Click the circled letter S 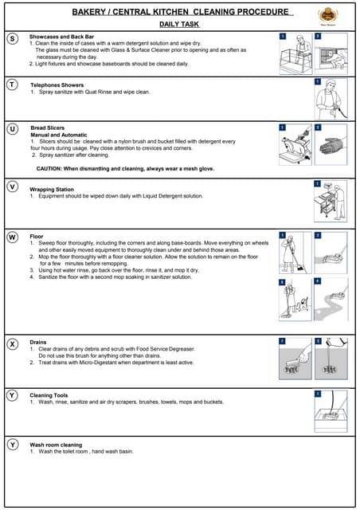click(13, 38)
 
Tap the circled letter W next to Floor click(13, 237)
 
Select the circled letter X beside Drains click(13, 344)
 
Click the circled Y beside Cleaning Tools click(13, 395)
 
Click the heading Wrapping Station click(58, 190)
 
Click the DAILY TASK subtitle click(180, 25)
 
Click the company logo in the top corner click(328, 16)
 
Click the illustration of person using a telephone click(330, 99)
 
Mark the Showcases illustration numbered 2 click(330, 54)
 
